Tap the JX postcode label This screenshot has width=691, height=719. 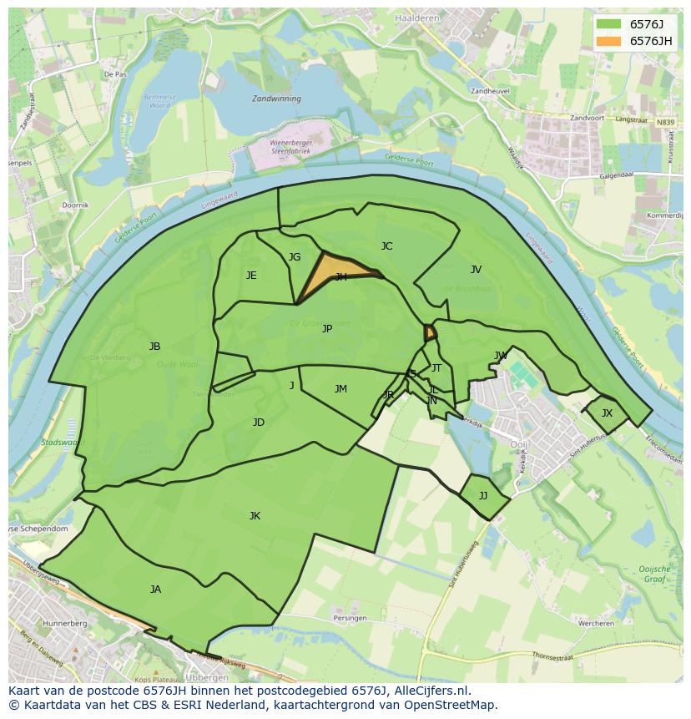coord(607,413)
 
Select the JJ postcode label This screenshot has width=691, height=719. coord(483,496)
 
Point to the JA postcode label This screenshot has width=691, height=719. coord(155,590)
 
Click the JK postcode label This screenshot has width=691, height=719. coord(255,516)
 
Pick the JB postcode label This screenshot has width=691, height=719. coord(154,347)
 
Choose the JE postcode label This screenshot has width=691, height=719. coord(251,276)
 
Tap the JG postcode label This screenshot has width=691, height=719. coord(295,257)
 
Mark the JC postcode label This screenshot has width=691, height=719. coord(386,246)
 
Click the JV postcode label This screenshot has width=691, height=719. coord(476,270)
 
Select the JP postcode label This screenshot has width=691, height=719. coord(327,329)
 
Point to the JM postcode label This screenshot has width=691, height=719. coord(340,389)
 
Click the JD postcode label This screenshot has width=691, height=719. coord(259,423)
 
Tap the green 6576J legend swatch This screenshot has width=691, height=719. coord(609,23)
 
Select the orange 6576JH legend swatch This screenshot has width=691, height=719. coord(609,41)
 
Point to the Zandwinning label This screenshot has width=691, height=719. coord(276,98)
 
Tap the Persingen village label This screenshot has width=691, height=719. coord(350,618)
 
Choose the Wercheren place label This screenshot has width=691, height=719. coord(597,623)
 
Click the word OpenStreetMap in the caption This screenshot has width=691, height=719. coord(453,705)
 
